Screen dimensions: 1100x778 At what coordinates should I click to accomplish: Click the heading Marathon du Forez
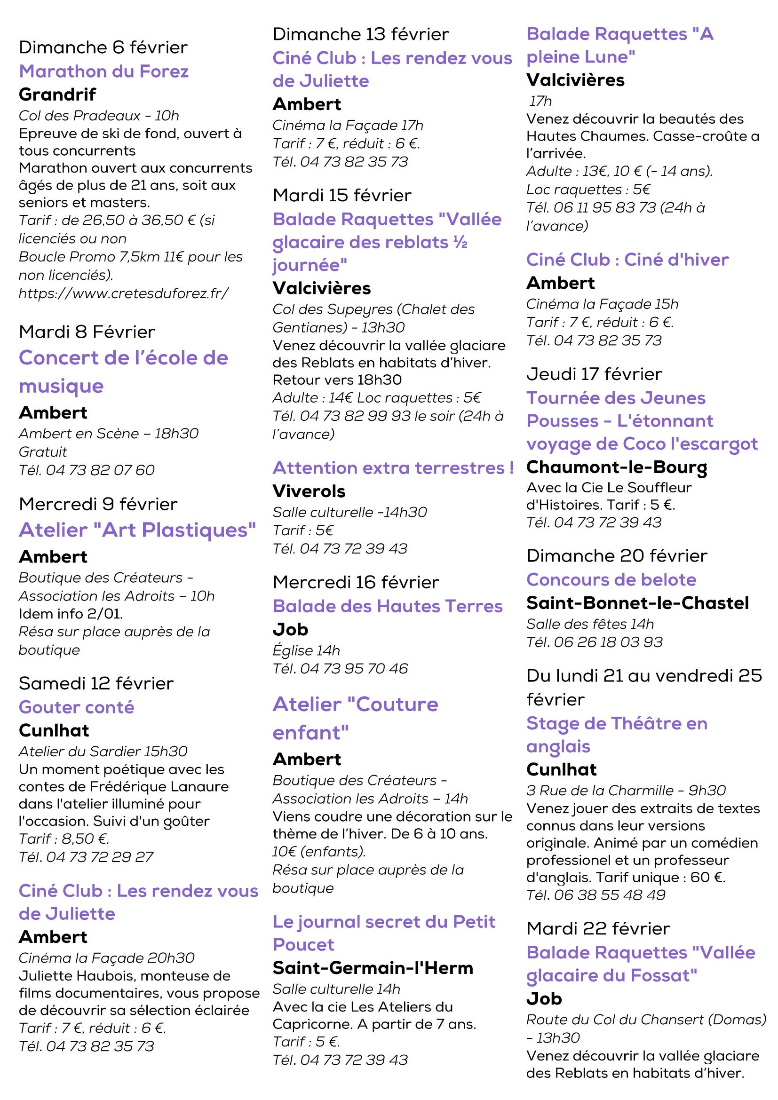[x=103, y=71]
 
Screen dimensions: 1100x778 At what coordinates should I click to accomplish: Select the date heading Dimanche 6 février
[x=103, y=47]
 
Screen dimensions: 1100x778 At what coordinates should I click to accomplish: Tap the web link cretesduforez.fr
[x=124, y=293]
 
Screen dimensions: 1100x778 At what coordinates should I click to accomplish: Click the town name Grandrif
[x=57, y=95]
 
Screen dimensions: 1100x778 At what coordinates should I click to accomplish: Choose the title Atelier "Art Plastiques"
[x=137, y=530]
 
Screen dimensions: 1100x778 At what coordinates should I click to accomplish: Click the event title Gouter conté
[x=77, y=707]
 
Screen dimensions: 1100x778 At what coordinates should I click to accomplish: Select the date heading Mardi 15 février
[x=342, y=196]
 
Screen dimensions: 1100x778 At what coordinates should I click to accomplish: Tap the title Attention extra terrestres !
[x=393, y=467]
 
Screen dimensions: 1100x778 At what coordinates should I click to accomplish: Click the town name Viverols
[x=309, y=491]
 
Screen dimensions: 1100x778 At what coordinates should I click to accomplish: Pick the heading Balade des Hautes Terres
[x=388, y=606]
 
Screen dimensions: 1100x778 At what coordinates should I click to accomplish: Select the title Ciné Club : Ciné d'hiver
[x=627, y=260]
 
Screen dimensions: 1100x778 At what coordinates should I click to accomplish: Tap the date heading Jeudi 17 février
[x=594, y=374]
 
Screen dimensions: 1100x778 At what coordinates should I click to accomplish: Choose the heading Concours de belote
[x=611, y=580]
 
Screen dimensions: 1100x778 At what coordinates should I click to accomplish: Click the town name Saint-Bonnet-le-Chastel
[x=637, y=603]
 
